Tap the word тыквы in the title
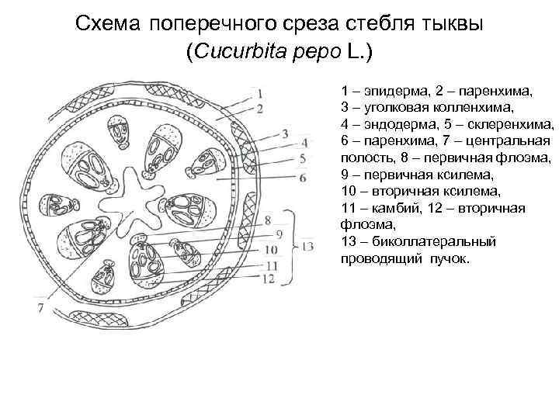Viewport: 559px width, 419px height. [453, 23]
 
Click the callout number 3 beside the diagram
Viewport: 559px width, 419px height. [286, 133]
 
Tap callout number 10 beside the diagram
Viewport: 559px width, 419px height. [270, 250]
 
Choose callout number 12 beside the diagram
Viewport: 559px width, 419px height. [269, 278]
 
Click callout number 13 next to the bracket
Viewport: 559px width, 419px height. [307, 247]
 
